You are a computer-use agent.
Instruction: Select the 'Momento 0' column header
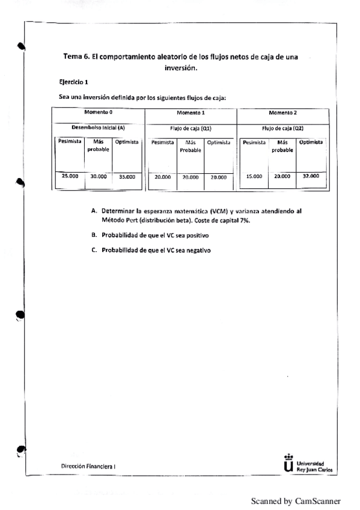tap(98, 112)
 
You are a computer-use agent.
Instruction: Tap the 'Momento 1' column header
tap(191, 112)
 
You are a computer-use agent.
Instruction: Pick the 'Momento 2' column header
tap(282, 112)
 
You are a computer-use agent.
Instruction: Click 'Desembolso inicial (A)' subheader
tap(98, 127)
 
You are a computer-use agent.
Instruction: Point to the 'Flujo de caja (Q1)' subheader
tap(191, 128)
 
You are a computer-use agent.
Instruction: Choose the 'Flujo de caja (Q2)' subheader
tap(282, 128)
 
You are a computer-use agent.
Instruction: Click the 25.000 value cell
tap(67, 176)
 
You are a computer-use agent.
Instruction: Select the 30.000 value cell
tap(98, 177)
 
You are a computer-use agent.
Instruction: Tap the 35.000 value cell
tap(126, 177)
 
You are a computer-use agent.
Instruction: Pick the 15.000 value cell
tap(254, 177)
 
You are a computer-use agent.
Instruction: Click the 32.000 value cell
tap(310, 176)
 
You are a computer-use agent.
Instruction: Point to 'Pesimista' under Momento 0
tap(67, 143)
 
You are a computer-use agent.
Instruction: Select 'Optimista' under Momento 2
tap(311, 142)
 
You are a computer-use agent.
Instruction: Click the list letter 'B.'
tap(94, 235)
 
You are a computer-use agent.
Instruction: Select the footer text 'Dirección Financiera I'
tap(89, 466)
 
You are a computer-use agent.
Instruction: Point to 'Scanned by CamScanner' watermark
tap(295, 500)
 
